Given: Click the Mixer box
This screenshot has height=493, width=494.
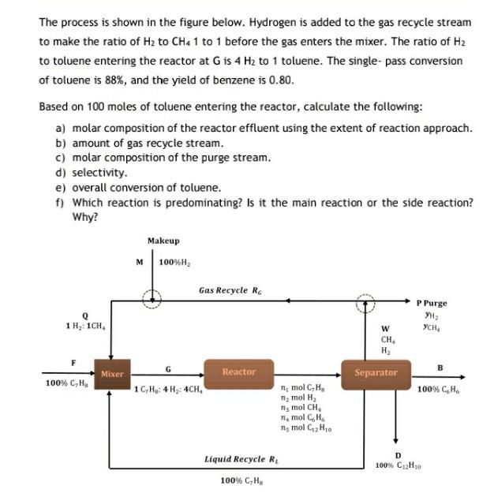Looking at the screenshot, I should pos(112,374).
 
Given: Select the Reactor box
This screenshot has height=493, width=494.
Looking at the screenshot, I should pos(238,372).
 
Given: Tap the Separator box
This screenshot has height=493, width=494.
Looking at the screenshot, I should pos(376,372).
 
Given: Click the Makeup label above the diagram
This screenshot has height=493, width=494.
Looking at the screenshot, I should pos(163,241).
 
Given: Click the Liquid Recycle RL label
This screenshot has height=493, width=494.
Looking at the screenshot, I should pos(236,458).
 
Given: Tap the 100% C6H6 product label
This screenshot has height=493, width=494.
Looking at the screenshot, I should pos(440,389).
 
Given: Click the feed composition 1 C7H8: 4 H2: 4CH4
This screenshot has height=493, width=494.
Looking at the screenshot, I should pos(168,389).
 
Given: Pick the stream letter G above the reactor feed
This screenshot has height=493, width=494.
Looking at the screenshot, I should pos(167,368).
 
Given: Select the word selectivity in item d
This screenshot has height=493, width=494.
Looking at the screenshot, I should pos(99,172).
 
